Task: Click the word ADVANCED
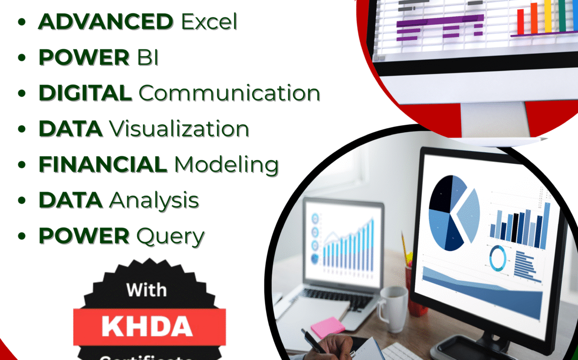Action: pyautogui.click(x=105, y=22)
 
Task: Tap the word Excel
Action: pyautogui.click(x=209, y=22)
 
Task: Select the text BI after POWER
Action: pyautogui.click(x=148, y=58)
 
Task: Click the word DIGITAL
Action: pyautogui.click(x=85, y=93)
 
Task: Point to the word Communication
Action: pyautogui.click(x=229, y=93)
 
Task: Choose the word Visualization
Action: pyautogui.click(x=180, y=129)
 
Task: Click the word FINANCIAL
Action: pyautogui.click(x=103, y=164)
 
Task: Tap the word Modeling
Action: pyautogui.click(x=226, y=164)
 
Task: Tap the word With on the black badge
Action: pyautogui.click(x=147, y=290)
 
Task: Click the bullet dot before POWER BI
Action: pyautogui.click(x=22, y=58)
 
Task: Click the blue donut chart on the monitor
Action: pyautogui.click(x=498, y=258)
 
